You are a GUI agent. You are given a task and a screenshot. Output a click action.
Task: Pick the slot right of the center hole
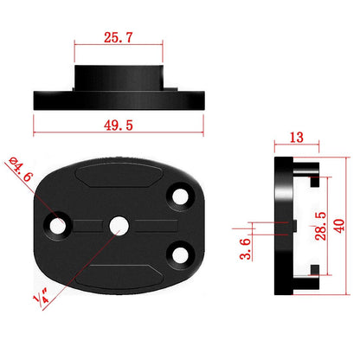click(x=151, y=225)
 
